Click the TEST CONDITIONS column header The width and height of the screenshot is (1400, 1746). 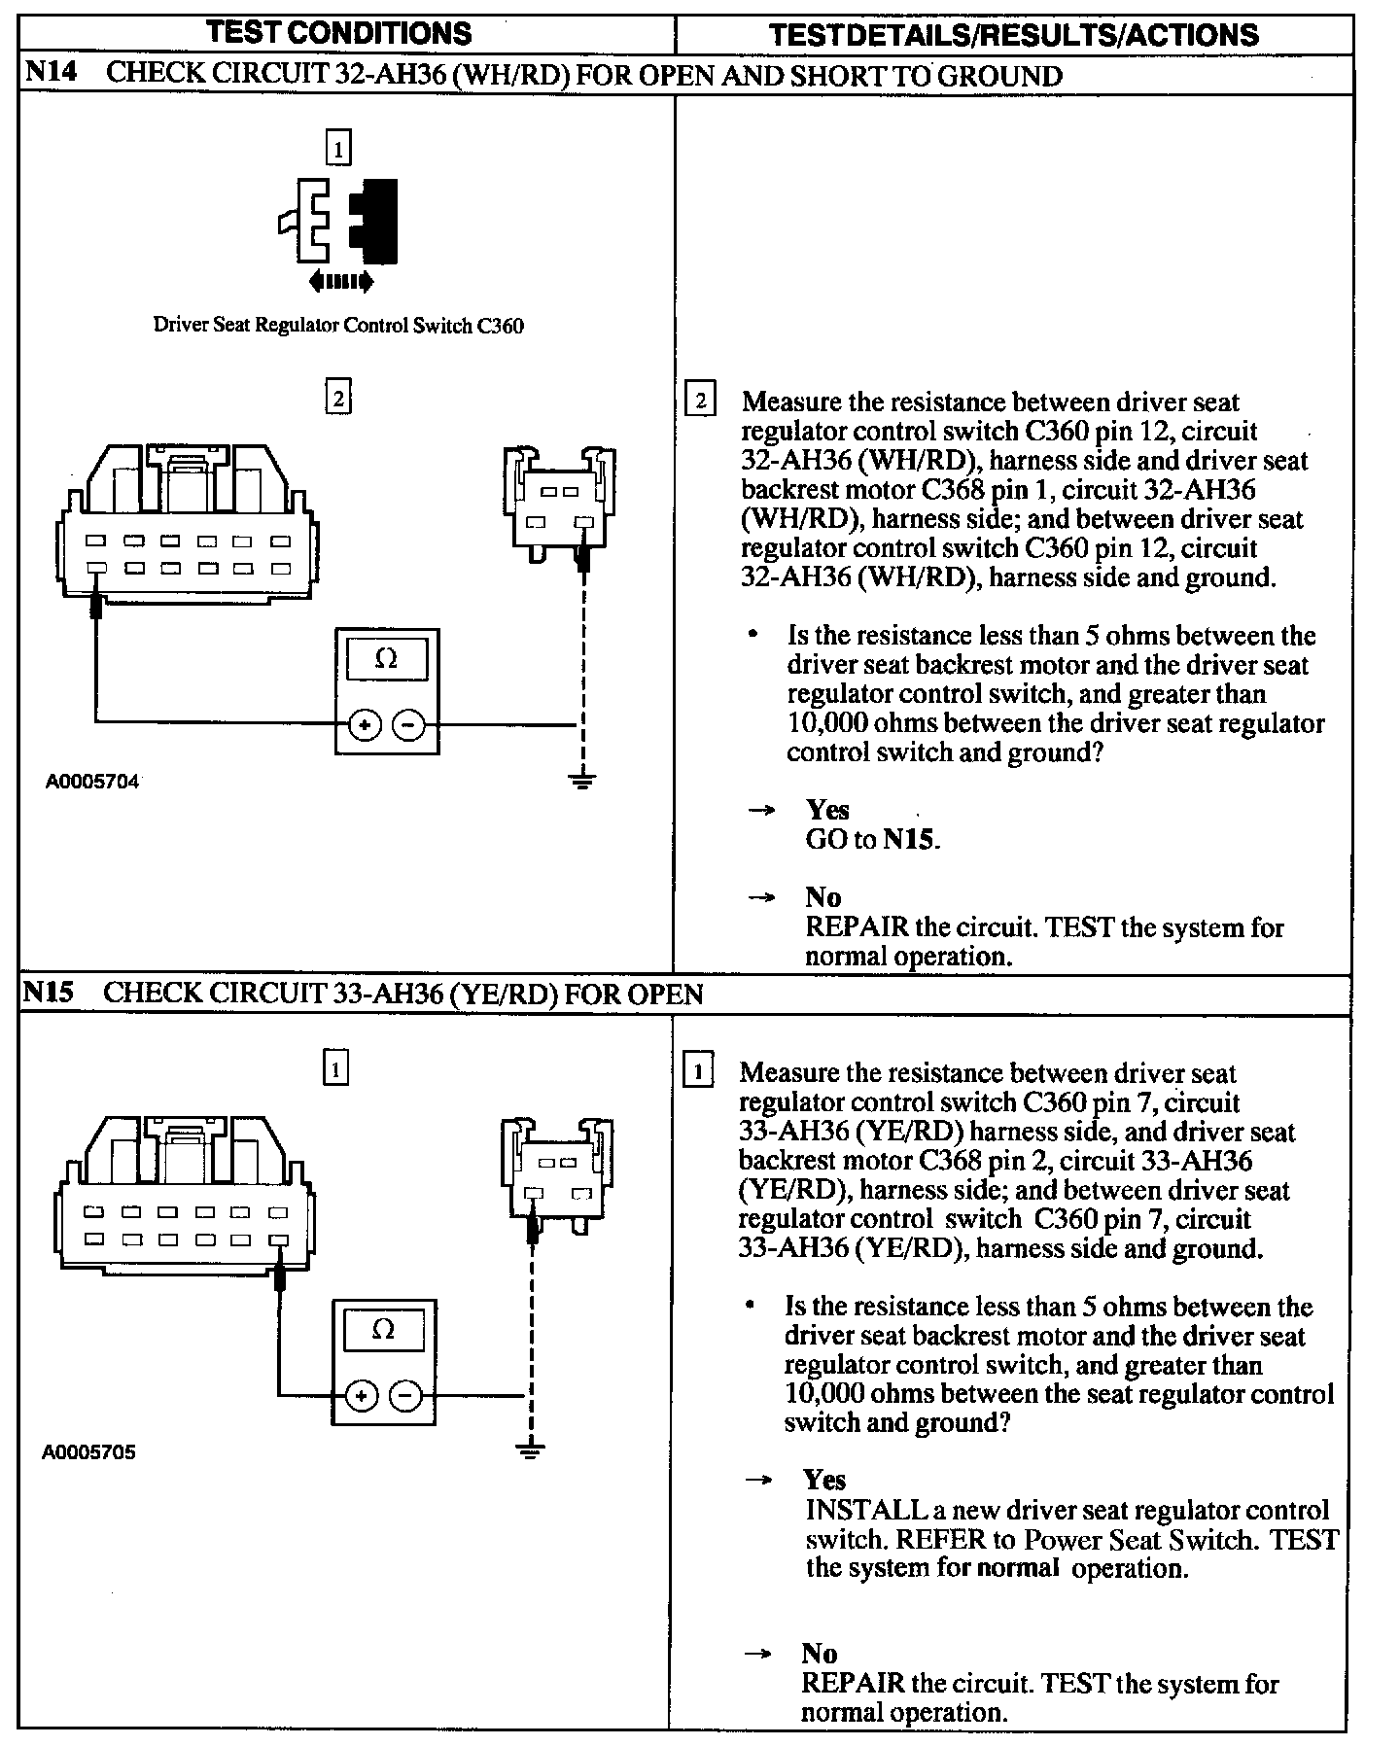coord(339,33)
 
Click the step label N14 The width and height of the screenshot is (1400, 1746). coord(53,75)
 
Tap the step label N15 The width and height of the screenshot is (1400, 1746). coord(51,993)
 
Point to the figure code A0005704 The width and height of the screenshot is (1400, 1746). coord(93,781)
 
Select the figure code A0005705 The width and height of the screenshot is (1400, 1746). coord(89,1452)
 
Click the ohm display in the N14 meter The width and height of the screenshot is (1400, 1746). coord(386,659)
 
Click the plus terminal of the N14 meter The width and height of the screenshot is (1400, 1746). coord(365,724)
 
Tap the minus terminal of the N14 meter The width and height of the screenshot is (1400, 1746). coord(408,724)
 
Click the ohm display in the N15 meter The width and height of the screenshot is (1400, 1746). coord(383,1330)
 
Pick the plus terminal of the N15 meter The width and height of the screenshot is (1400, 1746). coord(362,1396)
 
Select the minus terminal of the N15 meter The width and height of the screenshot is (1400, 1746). coord(405,1396)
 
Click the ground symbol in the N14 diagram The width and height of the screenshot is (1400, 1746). coord(582,779)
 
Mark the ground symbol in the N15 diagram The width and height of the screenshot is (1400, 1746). coord(531,1450)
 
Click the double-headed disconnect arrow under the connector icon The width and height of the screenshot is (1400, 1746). coord(339,282)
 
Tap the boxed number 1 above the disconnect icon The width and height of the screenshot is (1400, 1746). coord(338,149)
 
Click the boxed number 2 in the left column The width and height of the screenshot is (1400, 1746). coord(337,398)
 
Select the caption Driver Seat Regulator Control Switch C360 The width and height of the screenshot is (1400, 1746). coord(338,326)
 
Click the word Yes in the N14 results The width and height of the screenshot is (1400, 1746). coord(827,810)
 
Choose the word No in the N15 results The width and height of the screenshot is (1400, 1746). coord(820,1654)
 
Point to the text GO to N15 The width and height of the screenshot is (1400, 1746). coord(872,839)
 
